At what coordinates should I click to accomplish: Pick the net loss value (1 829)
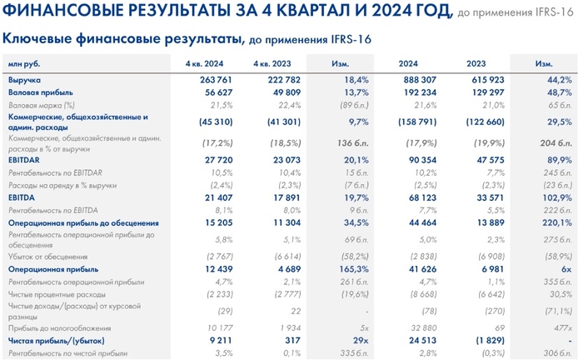[x=480, y=340]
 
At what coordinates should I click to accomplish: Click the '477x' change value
[x=559, y=327]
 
